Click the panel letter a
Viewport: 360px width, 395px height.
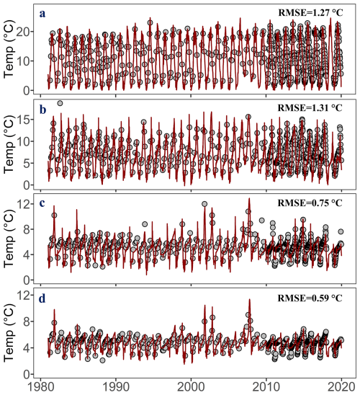click(x=42, y=14)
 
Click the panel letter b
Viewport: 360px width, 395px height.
click(x=42, y=110)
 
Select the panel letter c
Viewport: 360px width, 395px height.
click(x=42, y=203)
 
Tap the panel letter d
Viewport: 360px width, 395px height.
click(x=42, y=298)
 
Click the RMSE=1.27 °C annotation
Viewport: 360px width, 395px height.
click(x=310, y=12)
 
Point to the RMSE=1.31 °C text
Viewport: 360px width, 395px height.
click(x=310, y=107)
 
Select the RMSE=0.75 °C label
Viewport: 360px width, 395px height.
click(x=310, y=203)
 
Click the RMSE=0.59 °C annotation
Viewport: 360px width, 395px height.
click(x=310, y=298)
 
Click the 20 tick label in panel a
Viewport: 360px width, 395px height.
click(x=23, y=32)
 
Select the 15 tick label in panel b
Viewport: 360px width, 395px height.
click(x=23, y=119)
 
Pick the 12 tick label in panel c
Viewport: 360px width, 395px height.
click(x=23, y=204)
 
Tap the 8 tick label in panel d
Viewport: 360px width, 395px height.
click(x=27, y=321)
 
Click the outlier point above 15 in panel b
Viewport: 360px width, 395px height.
click(x=60, y=103)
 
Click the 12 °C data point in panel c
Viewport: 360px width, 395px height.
click(x=204, y=204)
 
